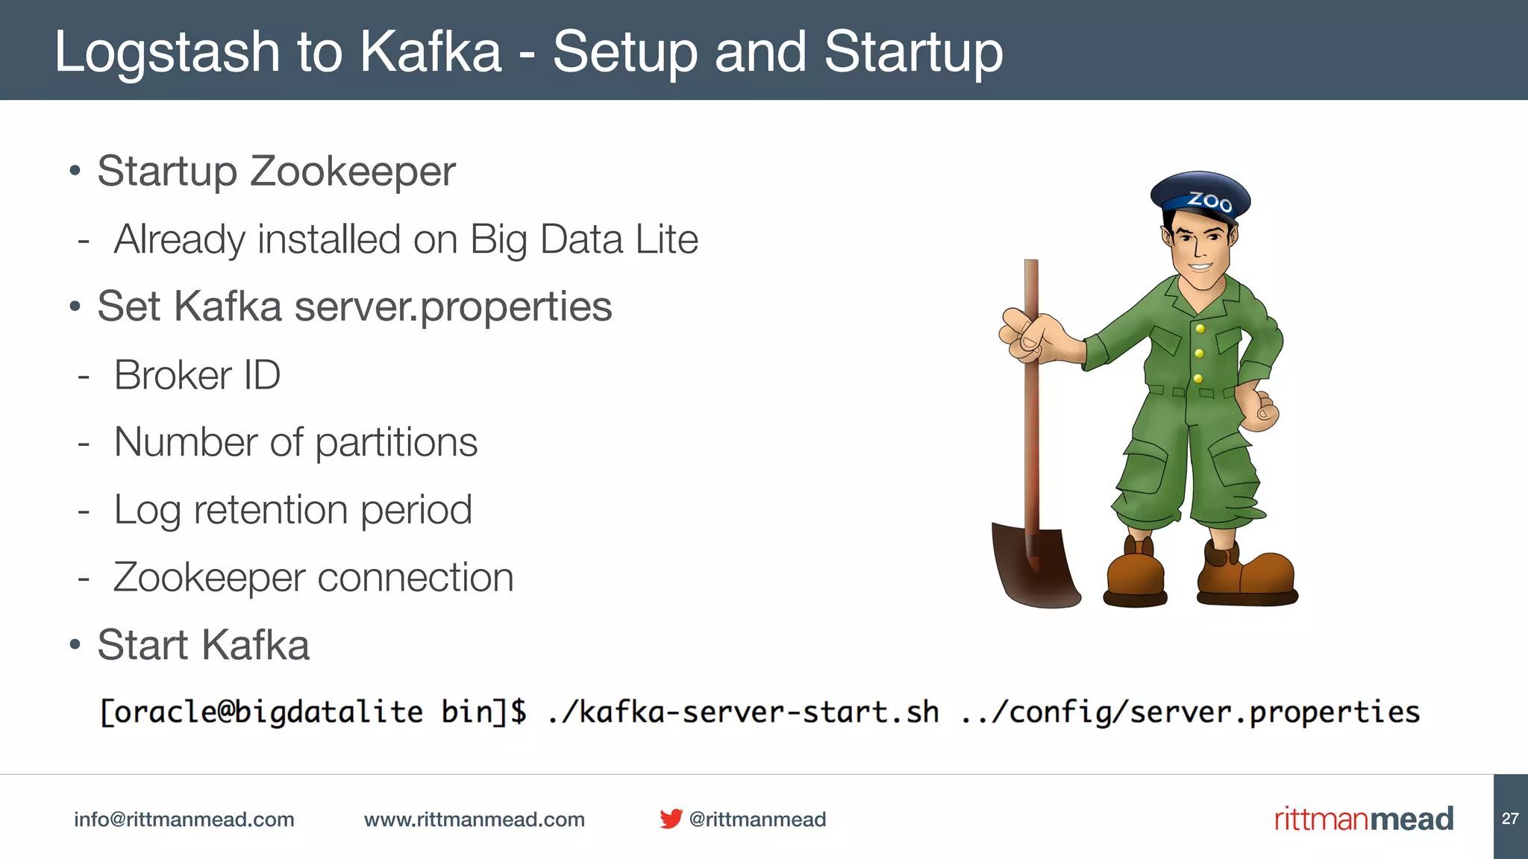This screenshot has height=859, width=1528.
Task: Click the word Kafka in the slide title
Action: point(430,52)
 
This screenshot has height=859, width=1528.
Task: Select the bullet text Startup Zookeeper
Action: point(276,172)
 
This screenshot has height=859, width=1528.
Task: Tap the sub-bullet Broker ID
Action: point(197,375)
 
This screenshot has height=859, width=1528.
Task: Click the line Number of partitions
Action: point(295,442)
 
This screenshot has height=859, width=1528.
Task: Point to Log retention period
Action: point(292,510)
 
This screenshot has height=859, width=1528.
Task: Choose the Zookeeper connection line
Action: point(313,578)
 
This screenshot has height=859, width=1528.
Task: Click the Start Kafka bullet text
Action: point(203,645)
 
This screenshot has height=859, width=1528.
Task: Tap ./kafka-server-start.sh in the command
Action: point(743,712)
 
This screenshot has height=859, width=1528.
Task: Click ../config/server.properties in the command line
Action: point(1190,712)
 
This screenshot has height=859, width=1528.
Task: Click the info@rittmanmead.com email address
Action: point(184,819)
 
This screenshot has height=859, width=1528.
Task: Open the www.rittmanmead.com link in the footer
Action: point(474,819)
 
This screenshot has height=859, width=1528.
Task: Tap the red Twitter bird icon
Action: point(671,819)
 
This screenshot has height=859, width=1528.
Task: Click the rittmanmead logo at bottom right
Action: point(1363,819)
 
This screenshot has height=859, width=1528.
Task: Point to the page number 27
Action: point(1510,819)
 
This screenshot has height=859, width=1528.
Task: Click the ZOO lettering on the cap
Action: point(1209,201)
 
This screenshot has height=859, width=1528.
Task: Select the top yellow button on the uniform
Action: point(1200,329)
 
